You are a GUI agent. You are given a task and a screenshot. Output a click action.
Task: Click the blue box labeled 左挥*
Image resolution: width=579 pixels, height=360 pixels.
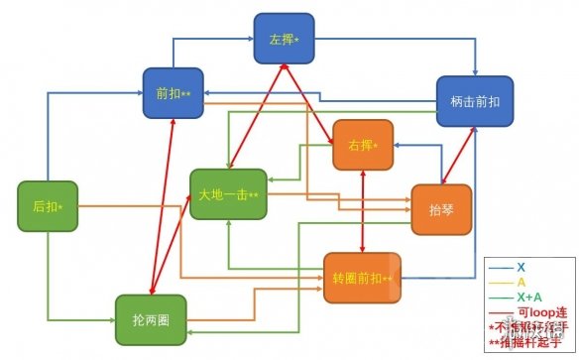click(284, 39)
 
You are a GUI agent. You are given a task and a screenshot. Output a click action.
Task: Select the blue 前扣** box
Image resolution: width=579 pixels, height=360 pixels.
click(173, 93)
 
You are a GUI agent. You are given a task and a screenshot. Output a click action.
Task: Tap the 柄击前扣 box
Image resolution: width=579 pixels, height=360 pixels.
click(475, 101)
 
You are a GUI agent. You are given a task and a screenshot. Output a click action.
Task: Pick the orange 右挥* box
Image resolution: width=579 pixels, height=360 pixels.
click(363, 145)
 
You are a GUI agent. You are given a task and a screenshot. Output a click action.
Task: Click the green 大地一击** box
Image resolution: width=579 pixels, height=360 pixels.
click(228, 194)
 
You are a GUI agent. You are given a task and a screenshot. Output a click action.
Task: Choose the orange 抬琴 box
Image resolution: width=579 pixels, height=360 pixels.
click(440, 208)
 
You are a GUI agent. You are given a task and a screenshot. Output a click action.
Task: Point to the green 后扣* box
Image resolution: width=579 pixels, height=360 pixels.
click(48, 206)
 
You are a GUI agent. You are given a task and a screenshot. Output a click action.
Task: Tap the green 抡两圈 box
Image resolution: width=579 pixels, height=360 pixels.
click(151, 320)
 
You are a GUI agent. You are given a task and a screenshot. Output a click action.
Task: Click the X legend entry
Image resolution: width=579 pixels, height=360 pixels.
click(521, 268)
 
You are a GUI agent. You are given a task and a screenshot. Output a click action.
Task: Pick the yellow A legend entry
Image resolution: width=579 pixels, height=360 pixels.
click(521, 283)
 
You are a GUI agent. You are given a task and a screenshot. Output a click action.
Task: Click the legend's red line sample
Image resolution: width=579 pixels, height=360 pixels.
click(501, 311)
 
